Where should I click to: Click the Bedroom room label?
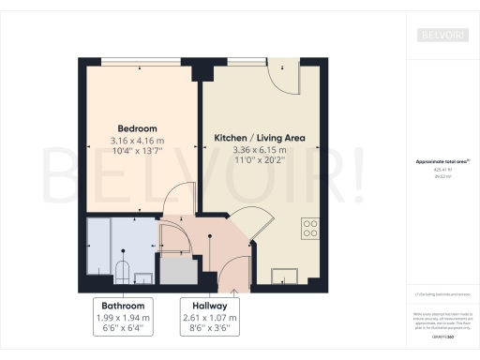(x=137, y=127)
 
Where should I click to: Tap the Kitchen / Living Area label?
(x=259, y=137)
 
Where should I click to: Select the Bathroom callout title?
(x=124, y=306)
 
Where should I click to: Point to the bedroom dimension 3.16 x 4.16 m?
(x=137, y=142)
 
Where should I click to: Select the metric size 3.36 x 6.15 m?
(x=259, y=149)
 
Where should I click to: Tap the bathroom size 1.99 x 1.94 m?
(x=124, y=318)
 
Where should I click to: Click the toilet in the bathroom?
(x=121, y=271)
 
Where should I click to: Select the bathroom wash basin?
(x=143, y=277)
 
